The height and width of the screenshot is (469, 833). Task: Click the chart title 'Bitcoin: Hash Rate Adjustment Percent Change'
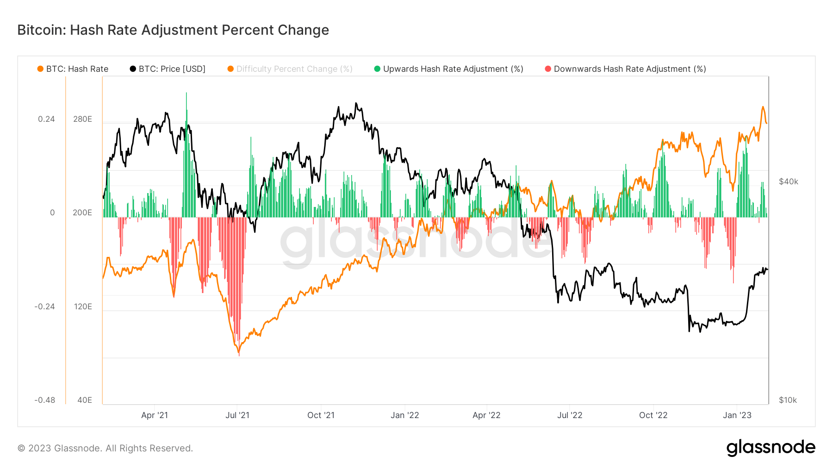click(173, 30)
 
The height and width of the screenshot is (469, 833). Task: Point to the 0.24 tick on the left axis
click(46, 119)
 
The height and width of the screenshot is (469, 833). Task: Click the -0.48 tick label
click(44, 400)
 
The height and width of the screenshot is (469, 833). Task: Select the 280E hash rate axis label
click(82, 119)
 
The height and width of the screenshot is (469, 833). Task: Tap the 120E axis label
click(83, 306)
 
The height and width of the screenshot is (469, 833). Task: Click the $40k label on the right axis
click(788, 181)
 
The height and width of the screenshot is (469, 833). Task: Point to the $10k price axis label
click(788, 400)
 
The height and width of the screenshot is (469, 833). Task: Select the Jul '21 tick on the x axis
click(237, 415)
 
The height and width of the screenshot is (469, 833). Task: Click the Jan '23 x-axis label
click(737, 415)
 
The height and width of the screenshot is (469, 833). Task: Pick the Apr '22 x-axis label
click(486, 415)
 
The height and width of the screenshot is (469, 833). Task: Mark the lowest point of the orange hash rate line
click(239, 355)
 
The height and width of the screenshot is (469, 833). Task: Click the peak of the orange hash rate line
click(763, 107)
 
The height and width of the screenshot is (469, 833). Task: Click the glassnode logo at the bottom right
click(771, 447)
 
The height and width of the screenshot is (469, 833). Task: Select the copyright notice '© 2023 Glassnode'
click(105, 448)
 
